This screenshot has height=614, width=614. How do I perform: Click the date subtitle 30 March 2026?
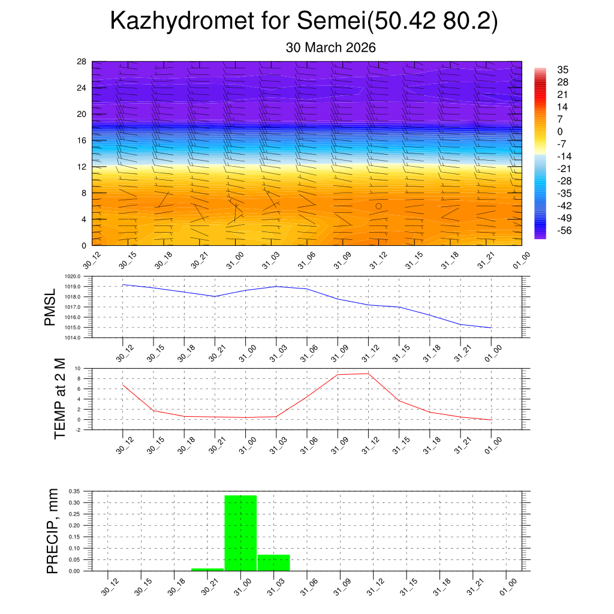click(x=330, y=48)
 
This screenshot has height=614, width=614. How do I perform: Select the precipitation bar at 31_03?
click(x=274, y=562)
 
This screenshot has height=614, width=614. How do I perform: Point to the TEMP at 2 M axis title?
click(x=59, y=399)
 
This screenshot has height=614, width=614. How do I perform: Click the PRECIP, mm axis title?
click(x=53, y=531)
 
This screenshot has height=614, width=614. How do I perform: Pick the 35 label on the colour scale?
click(x=562, y=69)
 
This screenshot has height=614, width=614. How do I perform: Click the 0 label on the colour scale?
click(x=559, y=132)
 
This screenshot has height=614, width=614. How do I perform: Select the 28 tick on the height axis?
click(x=82, y=62)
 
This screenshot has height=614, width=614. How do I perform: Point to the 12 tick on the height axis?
click(x=82, y=167)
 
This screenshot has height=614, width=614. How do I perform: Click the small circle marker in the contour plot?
click(x=378, y=206)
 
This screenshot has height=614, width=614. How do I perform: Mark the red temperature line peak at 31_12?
click(x=368, y=374)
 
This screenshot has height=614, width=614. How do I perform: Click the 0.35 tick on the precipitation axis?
click(x=74, y=491)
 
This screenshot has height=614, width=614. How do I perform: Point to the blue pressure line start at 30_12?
click(x=123, y=285)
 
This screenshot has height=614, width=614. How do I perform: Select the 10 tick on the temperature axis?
click(x=78, y=368)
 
